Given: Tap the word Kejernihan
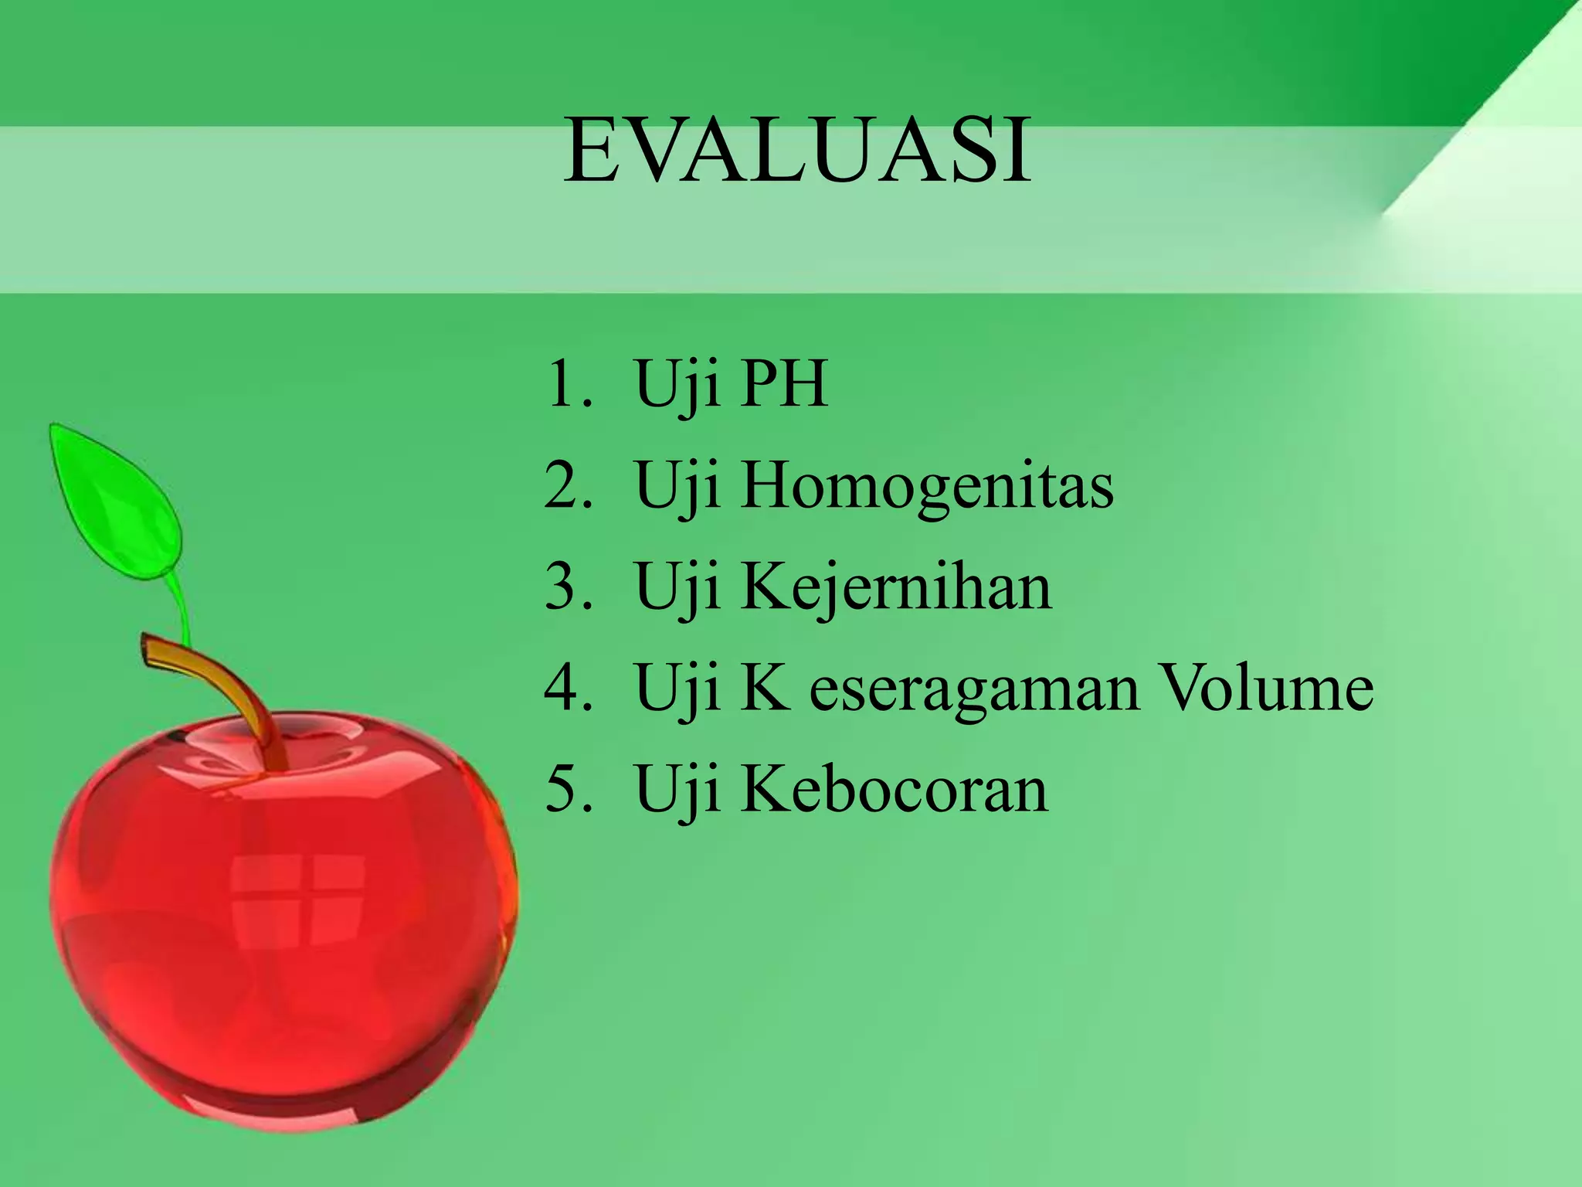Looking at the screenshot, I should point(896,589).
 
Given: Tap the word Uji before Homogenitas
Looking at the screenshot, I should point(677,488).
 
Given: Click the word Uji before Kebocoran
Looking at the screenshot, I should point(677,791).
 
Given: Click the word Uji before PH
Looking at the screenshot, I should point(677,386).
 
